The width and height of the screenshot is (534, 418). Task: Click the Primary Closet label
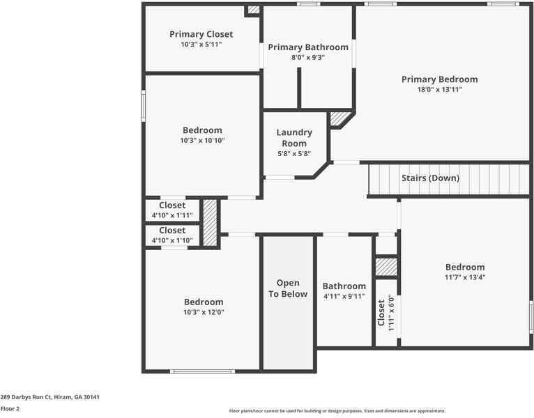click(x=201, y=34)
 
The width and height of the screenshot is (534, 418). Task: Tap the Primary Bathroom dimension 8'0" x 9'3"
click(x=308, y=58)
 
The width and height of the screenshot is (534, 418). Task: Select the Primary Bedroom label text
click(x=439, y=79)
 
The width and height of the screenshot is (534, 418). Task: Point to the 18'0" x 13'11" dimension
click(x=439, y=89)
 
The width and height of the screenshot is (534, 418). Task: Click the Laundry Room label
click(x=294, y=138)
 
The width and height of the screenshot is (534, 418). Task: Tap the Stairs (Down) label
click(x=430, y=178)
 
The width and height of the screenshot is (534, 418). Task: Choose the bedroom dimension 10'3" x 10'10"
click(x=202, y=140)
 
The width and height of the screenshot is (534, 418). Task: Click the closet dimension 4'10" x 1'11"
click(x=172, y=215)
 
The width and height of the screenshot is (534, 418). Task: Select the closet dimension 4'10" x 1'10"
click(x=172, y=240)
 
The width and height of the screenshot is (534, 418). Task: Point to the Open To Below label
click(x=288, y=288)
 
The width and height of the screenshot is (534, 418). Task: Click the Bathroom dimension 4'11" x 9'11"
click(x=344, y=296)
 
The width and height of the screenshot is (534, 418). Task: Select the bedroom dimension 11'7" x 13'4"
click(x=465, y=277)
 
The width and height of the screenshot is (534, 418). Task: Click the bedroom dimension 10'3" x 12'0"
click(x=204, y=312)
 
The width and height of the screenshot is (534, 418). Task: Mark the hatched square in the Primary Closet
click(x=253, y=10)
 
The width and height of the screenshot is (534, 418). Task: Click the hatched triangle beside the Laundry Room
click(x=339, y=119)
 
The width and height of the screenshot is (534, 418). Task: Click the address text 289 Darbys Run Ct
click(x=49, y=397)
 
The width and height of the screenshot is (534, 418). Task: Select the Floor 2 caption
click(x=10, y=409)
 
